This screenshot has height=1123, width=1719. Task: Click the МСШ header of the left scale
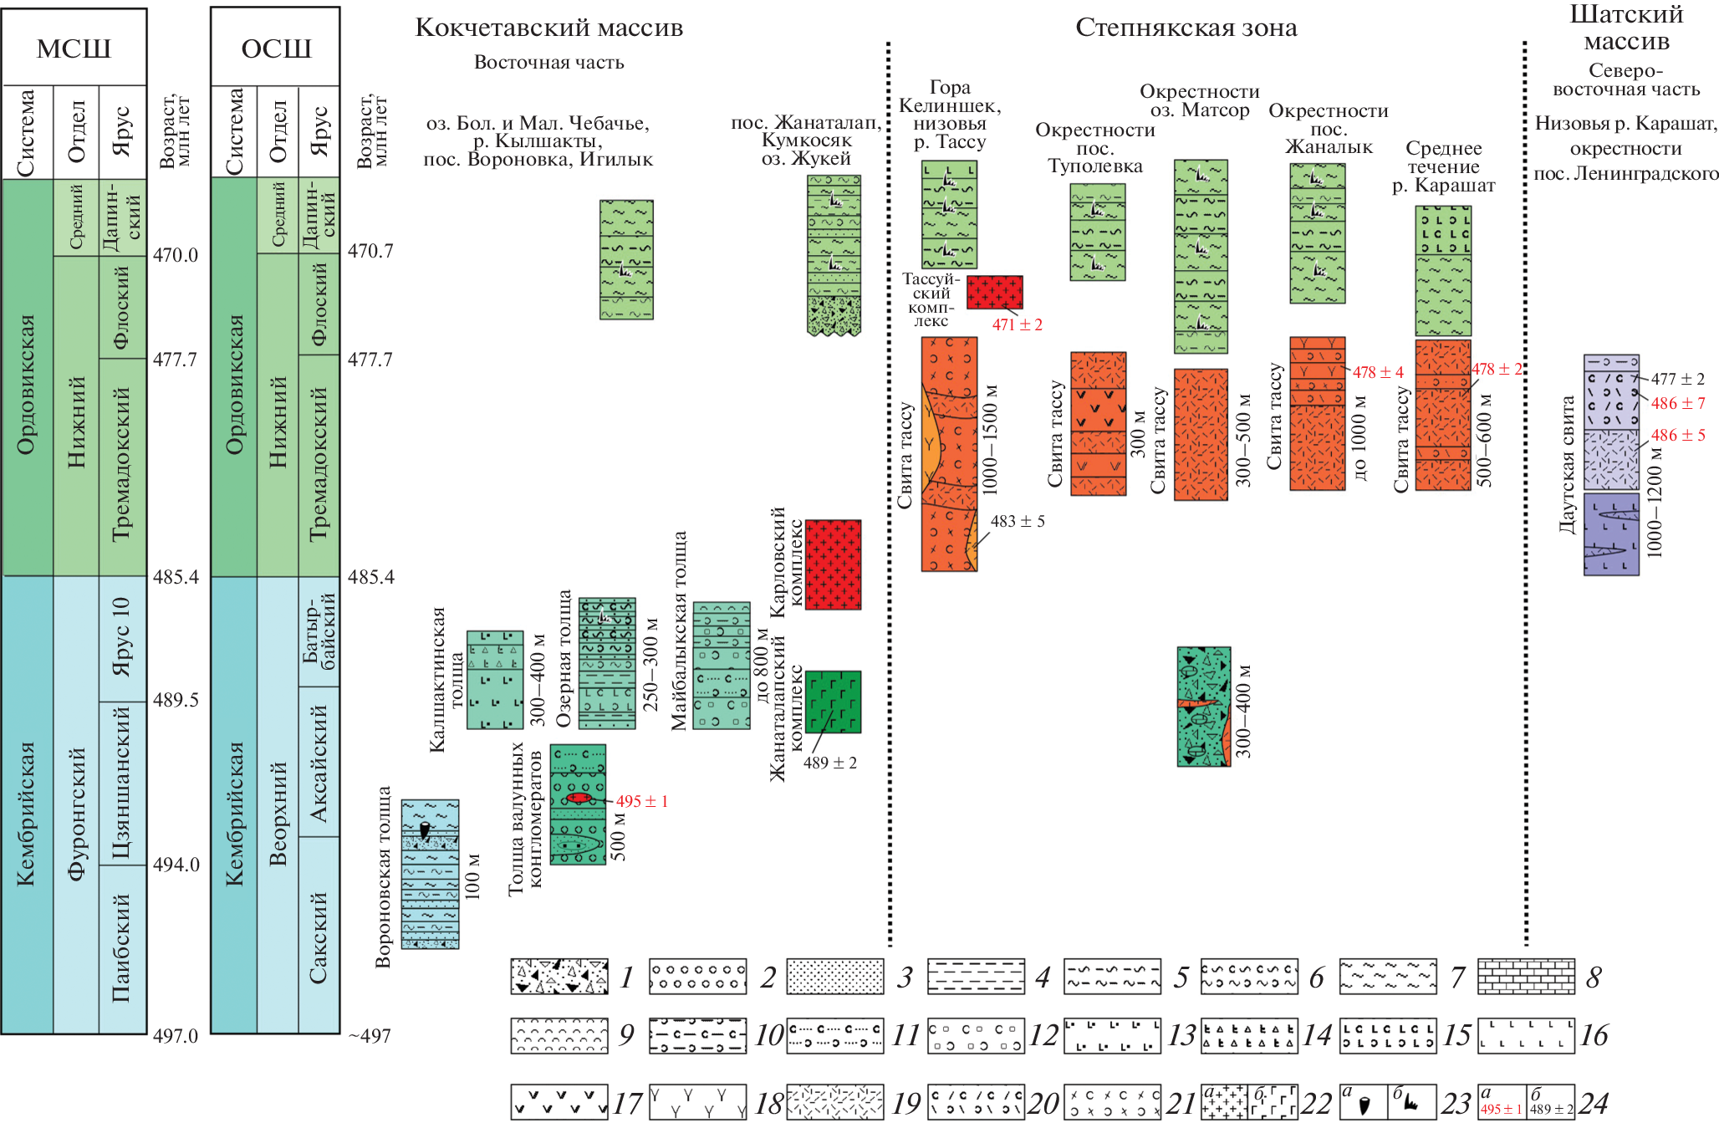point(74,48)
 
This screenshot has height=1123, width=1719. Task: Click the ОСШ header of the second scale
point(275,48)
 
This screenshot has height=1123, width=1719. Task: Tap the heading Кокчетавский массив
point(548,28)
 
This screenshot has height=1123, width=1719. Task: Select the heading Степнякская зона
point(1186,28)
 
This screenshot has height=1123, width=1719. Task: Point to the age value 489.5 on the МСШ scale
point(176,700)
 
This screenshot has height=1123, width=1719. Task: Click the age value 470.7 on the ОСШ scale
point(370,251)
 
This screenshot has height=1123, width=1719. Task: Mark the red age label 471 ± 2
point(1017,324)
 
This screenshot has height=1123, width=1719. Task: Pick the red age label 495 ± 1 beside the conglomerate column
point(641,801)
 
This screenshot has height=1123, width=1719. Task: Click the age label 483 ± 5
point(1017,521)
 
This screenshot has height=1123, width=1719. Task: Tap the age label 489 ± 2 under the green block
point(829,763)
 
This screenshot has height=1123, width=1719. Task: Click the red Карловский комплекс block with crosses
point(833,564)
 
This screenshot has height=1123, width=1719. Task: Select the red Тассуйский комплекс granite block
point(994,292)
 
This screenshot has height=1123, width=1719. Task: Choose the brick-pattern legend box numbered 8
point(1526,977)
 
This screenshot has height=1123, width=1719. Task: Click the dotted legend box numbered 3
point(835,977)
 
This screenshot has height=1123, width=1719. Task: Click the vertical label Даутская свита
point(1567,465)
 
